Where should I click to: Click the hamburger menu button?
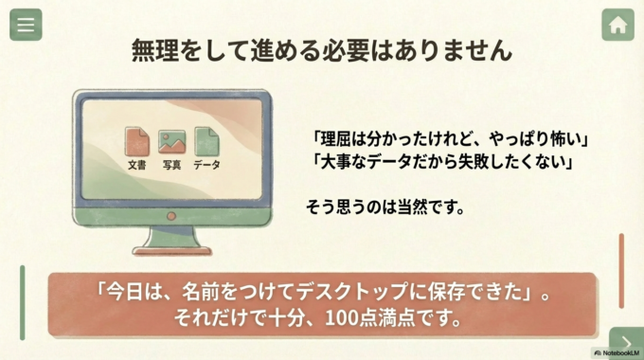point(26,26)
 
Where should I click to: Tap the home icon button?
point(617,26)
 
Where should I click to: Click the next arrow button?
point(626,342)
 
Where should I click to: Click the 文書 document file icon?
point(137,142)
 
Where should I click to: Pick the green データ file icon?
point(206,142)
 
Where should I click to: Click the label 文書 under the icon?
point(137,165)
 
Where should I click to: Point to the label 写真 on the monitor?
point(171,165)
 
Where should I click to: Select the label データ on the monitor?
point(206,165)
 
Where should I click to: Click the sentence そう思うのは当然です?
point(385,207)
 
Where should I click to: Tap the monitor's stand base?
point(171,250)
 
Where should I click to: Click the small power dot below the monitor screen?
point(171,216)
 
